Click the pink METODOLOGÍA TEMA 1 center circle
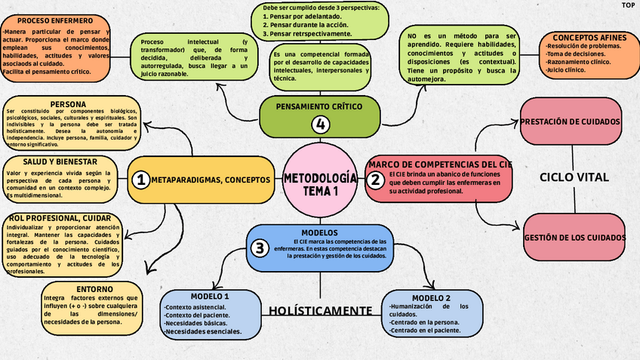(x=320, y=183)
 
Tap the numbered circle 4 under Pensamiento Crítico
(x=322, y=125)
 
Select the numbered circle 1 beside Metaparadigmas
(x=140, y=180)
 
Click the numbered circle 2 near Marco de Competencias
(x=375, y=180)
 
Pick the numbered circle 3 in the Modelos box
(x=260, y=248)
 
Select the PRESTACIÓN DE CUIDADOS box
(x=571, y=122)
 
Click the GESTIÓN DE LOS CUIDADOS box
(x=574, y=238)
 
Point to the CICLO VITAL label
(x=574, y=177)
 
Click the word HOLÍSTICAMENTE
(x=320, y=311)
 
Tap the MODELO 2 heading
(x=431, y=297)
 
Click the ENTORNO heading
(x=94, y=289)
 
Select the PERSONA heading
(x=68, y=104)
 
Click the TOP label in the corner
(x=627, y=5)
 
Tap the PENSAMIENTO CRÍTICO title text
(x=320, y=106)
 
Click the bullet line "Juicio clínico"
(x=566, y=70)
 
